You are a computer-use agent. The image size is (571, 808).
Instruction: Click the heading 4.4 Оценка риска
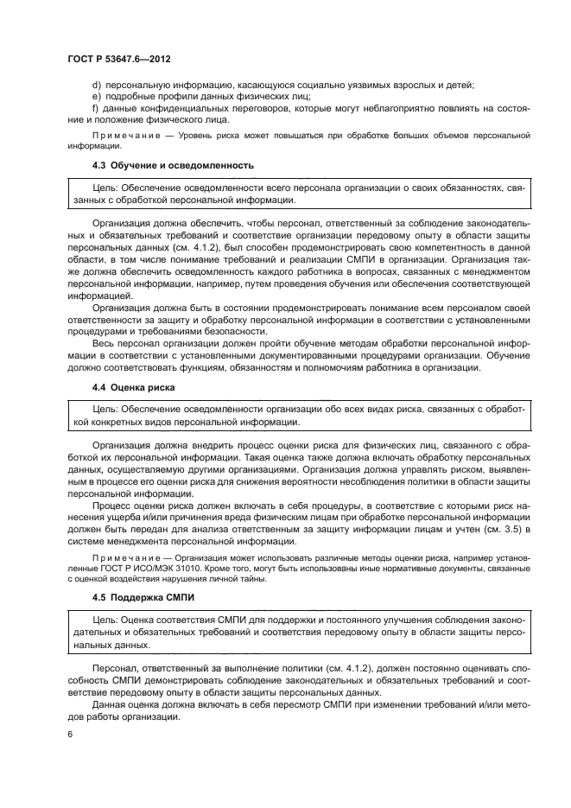pos(134,387)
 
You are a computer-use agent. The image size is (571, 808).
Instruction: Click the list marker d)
pos(95,84)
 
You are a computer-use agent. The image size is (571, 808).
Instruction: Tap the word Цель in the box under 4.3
pos(104,188)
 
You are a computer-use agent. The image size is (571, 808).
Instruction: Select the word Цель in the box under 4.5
pos(104,620)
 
